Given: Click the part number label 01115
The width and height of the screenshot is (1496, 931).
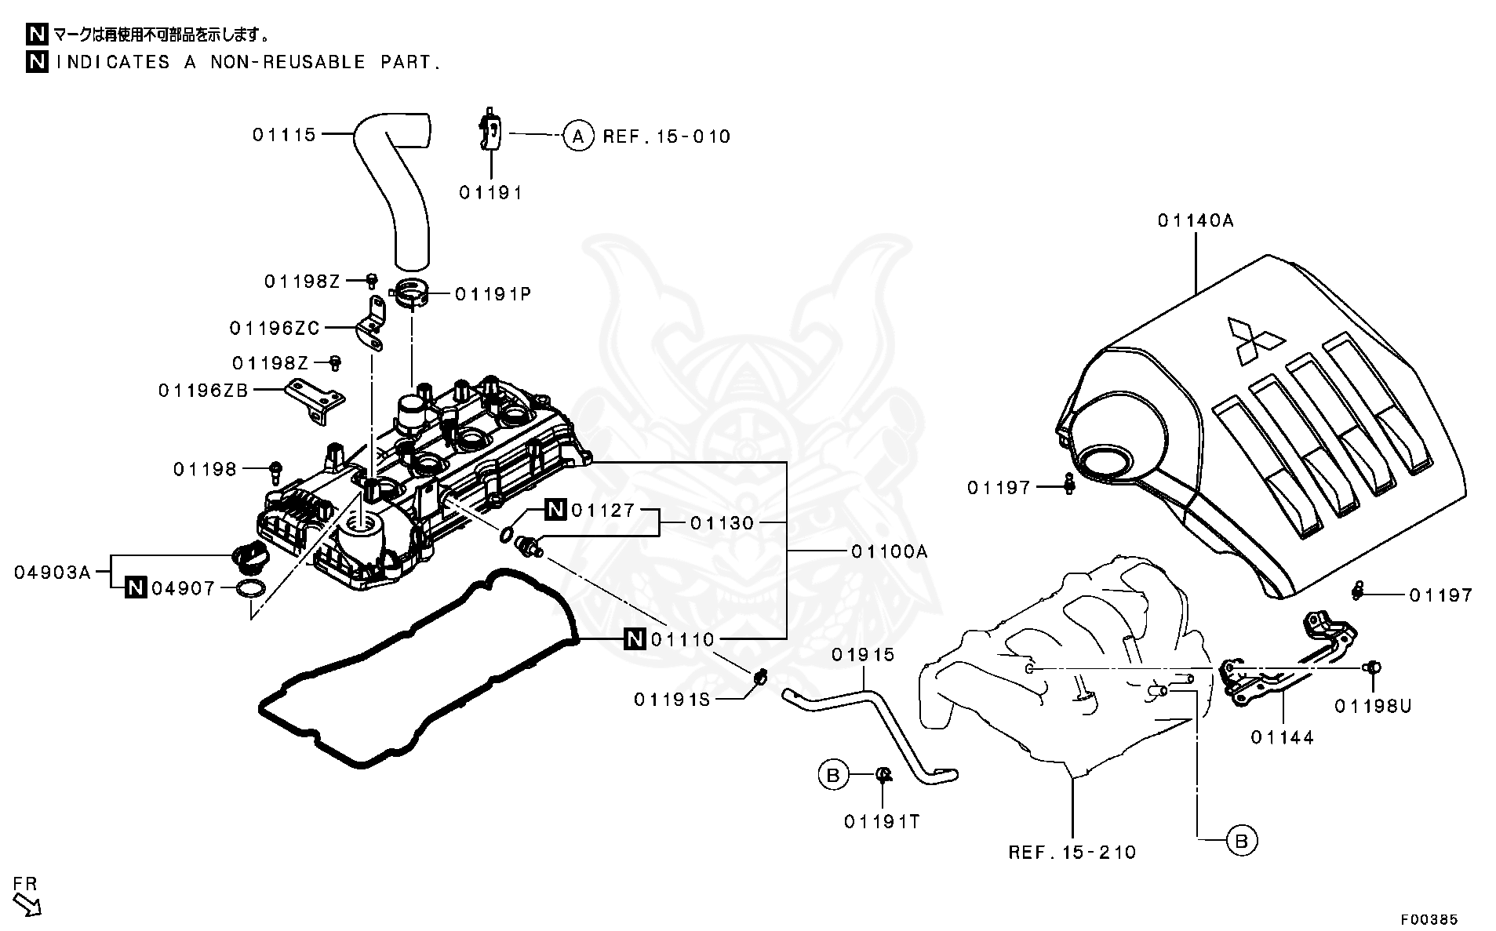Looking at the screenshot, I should [x=284, y=135].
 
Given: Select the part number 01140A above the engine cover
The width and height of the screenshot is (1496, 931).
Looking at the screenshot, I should [x=1196, y=221].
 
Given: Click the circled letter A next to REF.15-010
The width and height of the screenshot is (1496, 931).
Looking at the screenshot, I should [x=578, y=136].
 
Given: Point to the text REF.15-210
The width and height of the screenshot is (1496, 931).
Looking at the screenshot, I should [x=1072, y=852].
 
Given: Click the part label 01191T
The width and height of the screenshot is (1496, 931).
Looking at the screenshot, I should [x=882, y=821].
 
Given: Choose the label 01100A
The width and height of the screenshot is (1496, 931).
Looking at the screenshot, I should [x=889, y=551].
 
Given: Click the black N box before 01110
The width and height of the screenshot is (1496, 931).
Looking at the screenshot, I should [x=635, y=640].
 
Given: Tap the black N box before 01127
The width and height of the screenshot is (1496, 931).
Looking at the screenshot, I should [x=555, y=510].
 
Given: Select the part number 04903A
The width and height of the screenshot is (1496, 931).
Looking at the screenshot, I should [x=53, y=572].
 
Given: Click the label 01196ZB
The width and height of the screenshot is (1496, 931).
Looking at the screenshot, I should [x=203, y=390].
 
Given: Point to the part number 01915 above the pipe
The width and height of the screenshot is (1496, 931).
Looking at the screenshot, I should [x=863, y=655].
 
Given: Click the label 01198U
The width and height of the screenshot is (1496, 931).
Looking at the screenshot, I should [x=1373, y=706].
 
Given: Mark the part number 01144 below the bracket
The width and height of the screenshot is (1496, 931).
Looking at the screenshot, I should [x=1282, y=737].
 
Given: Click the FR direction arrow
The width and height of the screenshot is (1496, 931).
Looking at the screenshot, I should [x=28, y=904].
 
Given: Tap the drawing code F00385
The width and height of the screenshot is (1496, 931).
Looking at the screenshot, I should [x=1429, y=918].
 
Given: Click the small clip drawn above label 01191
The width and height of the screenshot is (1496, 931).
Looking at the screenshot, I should [x=491, y=130].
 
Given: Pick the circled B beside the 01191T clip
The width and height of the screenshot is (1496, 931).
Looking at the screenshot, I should [x=833, y=775].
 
